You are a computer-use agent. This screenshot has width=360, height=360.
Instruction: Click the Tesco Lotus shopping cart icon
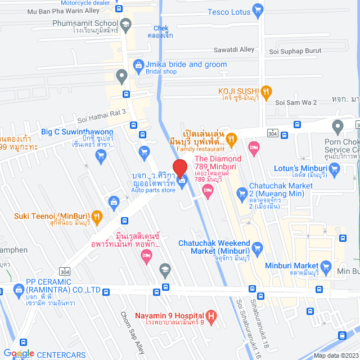pyautogui.click(x=258, y=9)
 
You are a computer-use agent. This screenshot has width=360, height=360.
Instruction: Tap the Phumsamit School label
pyautogui.click(x=84, y=24)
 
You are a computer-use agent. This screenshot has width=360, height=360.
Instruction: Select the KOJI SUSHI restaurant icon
pyautogui.click(x=267, y=91)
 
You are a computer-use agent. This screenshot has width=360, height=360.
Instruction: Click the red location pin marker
pyautogui.click(x=180, y=168)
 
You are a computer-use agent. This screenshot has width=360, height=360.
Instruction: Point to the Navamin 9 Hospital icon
pyautogui.click(x=211, y=317)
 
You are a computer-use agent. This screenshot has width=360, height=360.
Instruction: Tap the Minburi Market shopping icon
pyautogui.click(x=325, y=266)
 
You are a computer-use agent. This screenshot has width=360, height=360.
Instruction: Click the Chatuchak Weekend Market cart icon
pyautogui.click(x=258, y=247)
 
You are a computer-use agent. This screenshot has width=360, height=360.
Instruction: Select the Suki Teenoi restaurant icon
pyautogui.click(x=97, y=200)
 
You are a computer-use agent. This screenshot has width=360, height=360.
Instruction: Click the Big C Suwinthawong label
pyautogui.click(x=77, y=132)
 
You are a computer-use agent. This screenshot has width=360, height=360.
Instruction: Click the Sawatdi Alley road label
pyautogui.click(x=233, y=49)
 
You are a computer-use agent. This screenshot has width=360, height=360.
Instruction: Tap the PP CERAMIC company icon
pyautogui.click(x=17, y=291)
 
